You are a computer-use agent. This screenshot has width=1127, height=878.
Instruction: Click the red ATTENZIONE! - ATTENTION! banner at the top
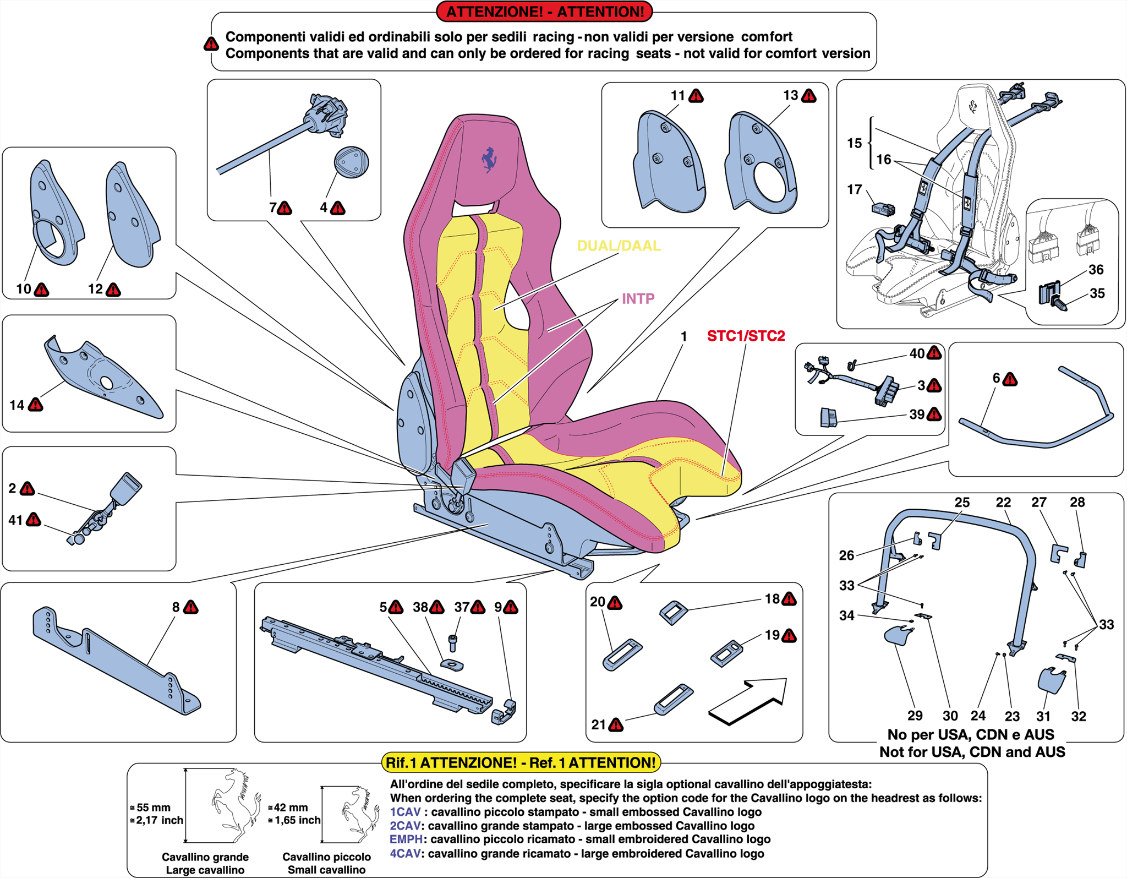544,12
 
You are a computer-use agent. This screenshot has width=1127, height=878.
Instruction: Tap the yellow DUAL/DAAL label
619,246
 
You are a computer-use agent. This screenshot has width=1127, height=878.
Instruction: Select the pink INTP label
638,298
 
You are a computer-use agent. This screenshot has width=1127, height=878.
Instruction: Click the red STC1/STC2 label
746,336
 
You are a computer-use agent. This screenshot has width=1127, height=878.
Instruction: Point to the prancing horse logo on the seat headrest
489,160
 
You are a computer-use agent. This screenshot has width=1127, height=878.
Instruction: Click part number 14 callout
17,405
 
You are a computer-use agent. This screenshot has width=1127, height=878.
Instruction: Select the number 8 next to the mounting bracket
176,607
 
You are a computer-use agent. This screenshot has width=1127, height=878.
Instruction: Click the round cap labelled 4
351,162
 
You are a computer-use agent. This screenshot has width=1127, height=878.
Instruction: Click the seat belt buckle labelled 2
125,489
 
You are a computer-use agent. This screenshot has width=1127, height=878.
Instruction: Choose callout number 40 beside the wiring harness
916,353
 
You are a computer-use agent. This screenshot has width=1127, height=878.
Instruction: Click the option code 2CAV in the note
404,826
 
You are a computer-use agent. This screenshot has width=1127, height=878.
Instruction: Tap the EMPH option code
406,839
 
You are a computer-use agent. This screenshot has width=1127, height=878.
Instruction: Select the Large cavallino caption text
205,870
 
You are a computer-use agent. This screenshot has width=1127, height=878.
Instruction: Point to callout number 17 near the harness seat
854,189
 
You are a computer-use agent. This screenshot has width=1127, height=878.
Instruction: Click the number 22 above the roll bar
1003,502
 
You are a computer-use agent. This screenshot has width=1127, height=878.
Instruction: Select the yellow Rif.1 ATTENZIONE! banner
521,762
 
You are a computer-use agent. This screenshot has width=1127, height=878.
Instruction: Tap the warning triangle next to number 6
1010,379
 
